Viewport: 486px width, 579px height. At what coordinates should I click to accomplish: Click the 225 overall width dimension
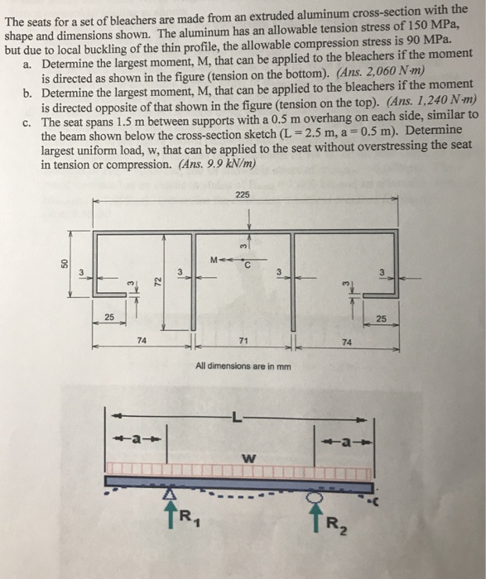pyautogui.click(x=242, y=194)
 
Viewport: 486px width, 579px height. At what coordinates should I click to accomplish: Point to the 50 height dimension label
pyautogui.click(x=63, y=263)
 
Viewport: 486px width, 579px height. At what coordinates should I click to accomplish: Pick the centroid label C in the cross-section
pyautogui.click(x=248, y=266)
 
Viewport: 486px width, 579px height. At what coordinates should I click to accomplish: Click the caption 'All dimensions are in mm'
pyautogui.click(x=243, y=366)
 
